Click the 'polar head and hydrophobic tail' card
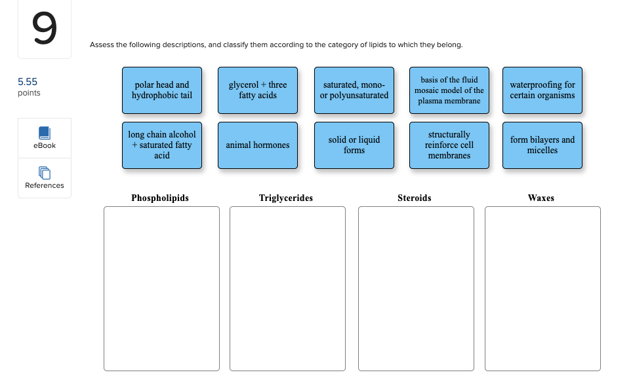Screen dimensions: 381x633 point(162,90)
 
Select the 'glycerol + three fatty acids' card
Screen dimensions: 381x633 point(258,90)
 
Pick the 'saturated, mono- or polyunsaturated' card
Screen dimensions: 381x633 point(354,90)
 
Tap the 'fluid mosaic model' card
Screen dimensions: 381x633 point(449,90)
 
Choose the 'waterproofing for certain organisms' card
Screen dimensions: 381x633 point(542,90)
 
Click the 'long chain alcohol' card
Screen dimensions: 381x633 point(162,145)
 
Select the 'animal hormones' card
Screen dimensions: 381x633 point(258,145)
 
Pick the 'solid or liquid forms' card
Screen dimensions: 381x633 point(354,145)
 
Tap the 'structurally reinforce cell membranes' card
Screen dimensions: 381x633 point(449,145)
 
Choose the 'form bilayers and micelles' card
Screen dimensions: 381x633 point(542,145)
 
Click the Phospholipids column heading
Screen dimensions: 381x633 point(160,198)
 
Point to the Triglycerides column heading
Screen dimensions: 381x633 point(286,198)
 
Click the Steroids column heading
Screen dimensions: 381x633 point(415,198)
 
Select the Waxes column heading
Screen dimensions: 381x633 point(541,198)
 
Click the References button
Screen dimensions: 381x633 point(45,177)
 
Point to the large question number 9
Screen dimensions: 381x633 point(44,29)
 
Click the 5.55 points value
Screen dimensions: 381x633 point(28,82)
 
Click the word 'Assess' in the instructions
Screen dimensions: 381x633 point(102,45)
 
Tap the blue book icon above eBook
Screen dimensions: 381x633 point(45,132)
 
